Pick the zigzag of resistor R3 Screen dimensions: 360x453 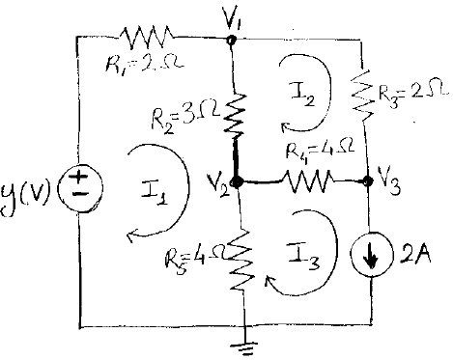click(360, 93)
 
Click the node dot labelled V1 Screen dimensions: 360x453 click(232, 40)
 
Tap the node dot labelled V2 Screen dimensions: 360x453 click(237, 180)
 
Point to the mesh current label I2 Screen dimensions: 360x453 click(300, 94)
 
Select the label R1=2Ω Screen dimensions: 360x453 click(139, 69)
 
